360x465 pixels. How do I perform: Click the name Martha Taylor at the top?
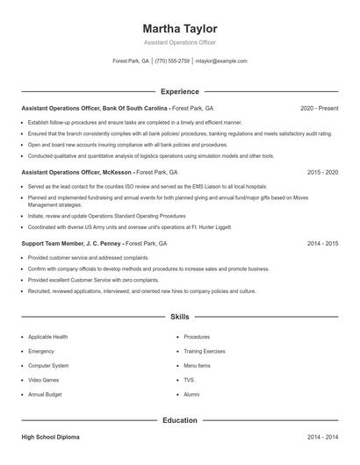click(x=179, y=28)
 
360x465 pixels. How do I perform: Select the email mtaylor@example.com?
click(x=221, y=61)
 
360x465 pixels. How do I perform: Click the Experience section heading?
click(x=179, y=91)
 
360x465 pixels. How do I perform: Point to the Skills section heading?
click(x=179, y=316)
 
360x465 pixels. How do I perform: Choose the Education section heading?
click(x=179, y=420)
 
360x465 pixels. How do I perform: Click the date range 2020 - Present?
click(x=319, y=108)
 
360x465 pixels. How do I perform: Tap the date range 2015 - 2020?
click(x=322, y=173)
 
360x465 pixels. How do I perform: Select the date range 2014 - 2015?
click(x=322, y=243)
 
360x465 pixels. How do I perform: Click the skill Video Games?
click(x=44, y=380)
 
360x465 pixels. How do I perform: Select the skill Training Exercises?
click(x=204, y=351)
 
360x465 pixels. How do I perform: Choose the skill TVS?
click(x=189, y=380)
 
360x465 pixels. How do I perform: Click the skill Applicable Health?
click(x=48, y=337)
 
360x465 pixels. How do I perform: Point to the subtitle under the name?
click(x=179, y=42)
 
